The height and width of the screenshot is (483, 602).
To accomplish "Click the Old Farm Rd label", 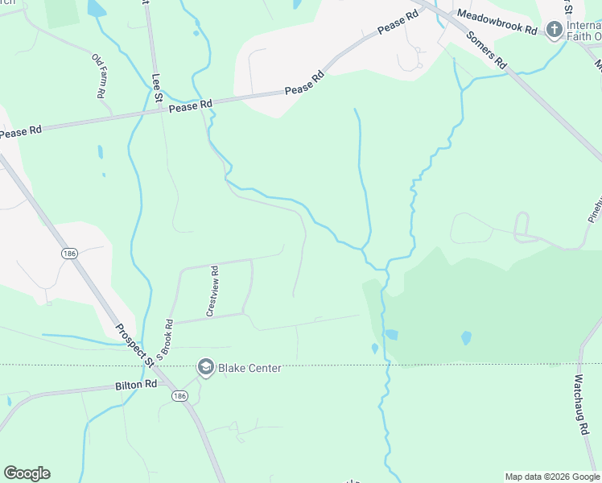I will coord(100,76).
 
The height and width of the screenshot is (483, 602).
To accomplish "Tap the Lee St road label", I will coord(158,88).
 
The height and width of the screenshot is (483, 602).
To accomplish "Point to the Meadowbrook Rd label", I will coord(497,23).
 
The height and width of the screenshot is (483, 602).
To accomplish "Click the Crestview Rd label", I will coord(213,291).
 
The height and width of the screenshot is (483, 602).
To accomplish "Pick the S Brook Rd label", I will coord(167,337).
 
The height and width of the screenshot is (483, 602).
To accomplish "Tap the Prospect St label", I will coord(134,345).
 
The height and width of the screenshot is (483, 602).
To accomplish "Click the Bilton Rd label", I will coord(134,386).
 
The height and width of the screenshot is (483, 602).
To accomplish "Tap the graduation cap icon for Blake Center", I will coord(205,368).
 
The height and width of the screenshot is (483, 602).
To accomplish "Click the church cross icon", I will coord(554,31).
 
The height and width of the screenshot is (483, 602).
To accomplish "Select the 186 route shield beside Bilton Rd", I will coord(179,396).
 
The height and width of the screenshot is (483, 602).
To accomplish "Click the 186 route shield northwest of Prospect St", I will coord(69,253).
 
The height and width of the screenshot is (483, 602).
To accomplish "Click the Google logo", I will coord(27,473).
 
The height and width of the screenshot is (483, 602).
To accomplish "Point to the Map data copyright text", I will coord(551,477).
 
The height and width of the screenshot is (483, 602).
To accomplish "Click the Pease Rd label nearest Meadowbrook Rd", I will coord(398,22).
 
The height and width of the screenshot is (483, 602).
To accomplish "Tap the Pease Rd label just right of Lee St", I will coord(191,104).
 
